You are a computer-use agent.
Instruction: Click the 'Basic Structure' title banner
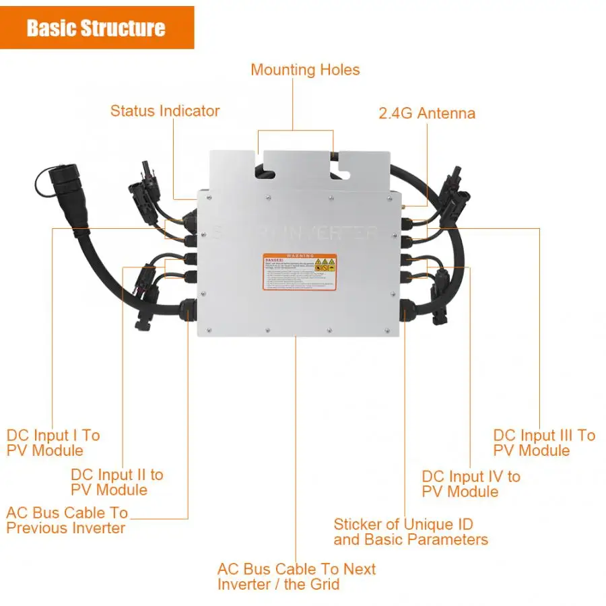tap(96, 28)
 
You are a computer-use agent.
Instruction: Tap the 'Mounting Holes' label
tap(305, 70)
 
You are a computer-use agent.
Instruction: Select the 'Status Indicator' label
tap(165, 111)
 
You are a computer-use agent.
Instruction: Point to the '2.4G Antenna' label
tap(427, 113)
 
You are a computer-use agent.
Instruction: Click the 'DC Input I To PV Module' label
tap(53, 443)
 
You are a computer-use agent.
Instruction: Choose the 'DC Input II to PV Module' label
tap(116, 482)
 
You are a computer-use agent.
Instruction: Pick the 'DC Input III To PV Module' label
tap(544, 443)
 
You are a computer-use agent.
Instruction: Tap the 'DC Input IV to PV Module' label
tap(471, 484)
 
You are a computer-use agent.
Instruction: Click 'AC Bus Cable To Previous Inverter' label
tap(67, 520)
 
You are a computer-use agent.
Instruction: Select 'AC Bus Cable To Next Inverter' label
tap(296, 576)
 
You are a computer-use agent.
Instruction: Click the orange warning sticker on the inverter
tap(299, 272)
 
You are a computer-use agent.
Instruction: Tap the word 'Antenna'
tap(446, 113)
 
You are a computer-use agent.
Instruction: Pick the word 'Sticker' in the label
tap(360, 524)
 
